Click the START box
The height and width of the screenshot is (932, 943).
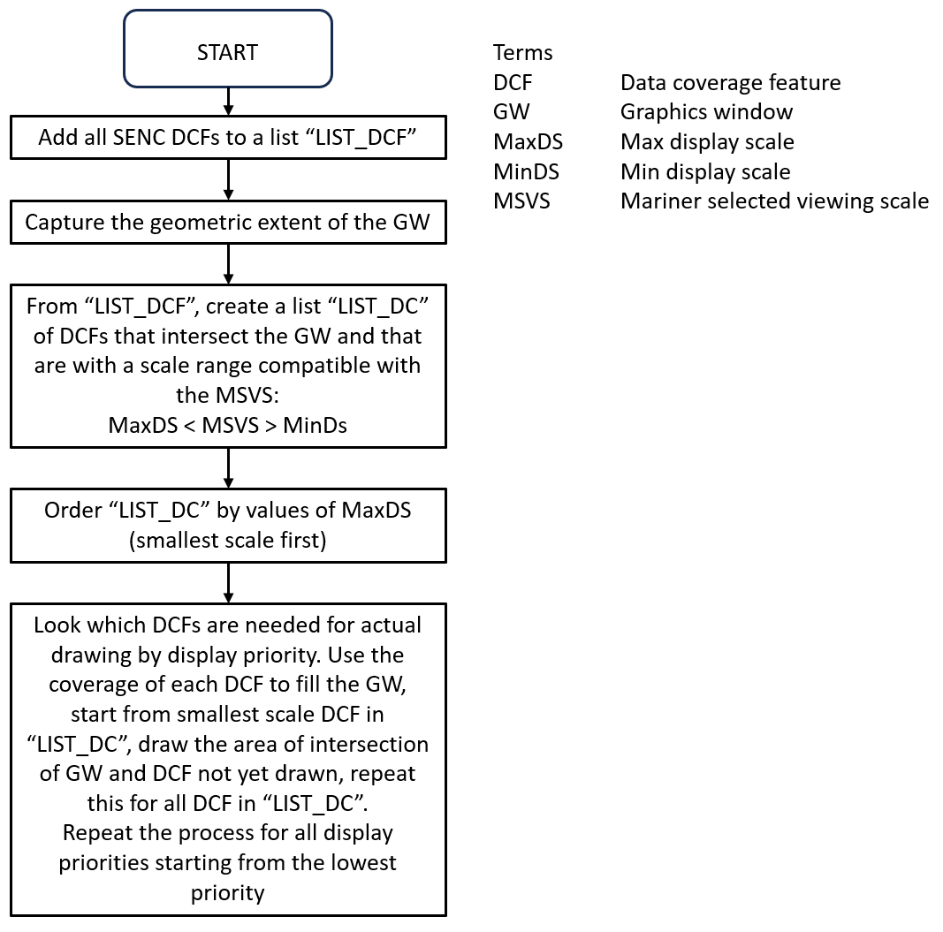pyautogui.click(x=228, y=52)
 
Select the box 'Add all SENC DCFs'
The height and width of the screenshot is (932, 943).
pyautogui.click(x=228, y=139)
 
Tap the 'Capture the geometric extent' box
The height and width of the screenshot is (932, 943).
pyautogui.click(x=228, y=221)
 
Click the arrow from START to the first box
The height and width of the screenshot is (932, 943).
pyautogui.click(x=228, y=100)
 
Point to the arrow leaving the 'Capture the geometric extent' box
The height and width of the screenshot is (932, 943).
pyautogui.click(x=228, y=262)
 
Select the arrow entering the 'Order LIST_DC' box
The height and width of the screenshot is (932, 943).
pyautogui.click(x=228, y=468)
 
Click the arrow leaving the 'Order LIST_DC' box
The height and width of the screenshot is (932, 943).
pyautogui.click(x=228, y=581)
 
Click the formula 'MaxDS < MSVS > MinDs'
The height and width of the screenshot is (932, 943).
pyautogui.click(x=228, y=424)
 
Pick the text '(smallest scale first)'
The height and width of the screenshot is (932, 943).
pyautogui.click(x=228, y=540)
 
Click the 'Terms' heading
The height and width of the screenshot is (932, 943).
pyautogui.click(x=523, y=53)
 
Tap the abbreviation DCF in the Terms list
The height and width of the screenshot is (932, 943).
pyautogui.click(x=513, y=83)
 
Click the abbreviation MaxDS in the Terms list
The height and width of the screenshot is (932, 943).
pyautogui.click(x=528, y=142)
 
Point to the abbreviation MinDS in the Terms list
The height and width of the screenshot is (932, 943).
pyautogui.click(x=526, y=171)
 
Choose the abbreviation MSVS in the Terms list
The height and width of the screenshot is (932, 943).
pyautogui.click(x=521, y=201)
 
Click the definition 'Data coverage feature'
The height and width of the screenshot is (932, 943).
pyautogui.click(x=730, y=83)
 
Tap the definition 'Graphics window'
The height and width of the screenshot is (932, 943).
pyautogui.click(x=706, y=112)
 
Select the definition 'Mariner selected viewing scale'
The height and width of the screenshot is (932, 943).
pyautogui.click(x=774, y=201)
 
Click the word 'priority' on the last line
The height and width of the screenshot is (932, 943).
pyautogui.click(x=228, y=892)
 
